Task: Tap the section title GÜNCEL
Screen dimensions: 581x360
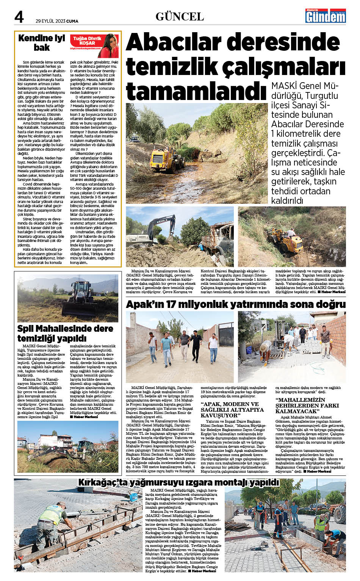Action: point(180,17)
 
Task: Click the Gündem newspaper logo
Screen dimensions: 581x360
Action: point(326,16)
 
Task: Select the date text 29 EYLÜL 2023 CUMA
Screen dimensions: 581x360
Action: point(57,21)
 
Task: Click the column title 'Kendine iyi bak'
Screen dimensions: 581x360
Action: point(42,42)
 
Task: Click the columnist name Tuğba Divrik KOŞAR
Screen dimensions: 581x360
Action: point(87,41)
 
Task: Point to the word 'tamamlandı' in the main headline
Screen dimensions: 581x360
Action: point(196,91)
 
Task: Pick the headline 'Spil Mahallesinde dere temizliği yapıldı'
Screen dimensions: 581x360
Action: point(65,333)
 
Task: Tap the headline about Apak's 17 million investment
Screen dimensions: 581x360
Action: point(235,304)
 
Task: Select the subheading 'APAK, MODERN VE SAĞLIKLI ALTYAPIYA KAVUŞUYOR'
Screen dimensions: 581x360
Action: point(232,410)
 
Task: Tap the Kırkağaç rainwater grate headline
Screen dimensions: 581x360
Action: point(178,483)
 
